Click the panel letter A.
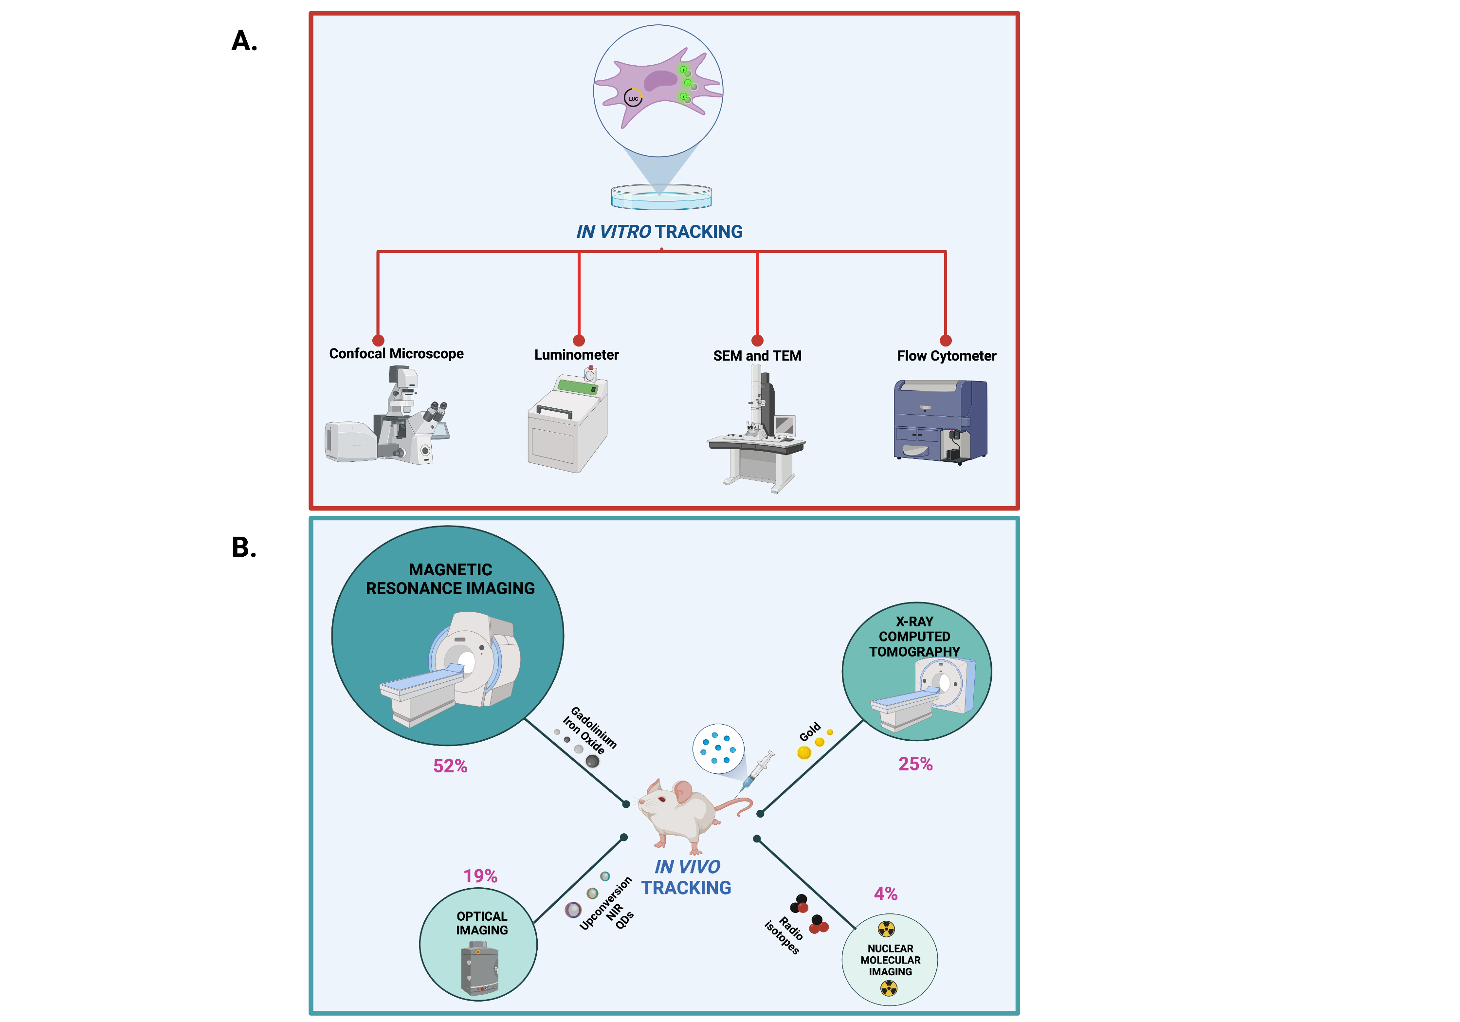point(244,41)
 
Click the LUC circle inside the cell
point(633,99)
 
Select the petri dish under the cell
point(661,197)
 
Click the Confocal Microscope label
point(396,354)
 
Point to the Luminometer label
point(576,355)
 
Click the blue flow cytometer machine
point(940,421)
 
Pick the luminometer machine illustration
point(568,423)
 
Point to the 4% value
point(886,894)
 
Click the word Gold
point(810,732)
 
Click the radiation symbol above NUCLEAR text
point(886,929)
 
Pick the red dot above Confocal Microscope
point(378,340)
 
